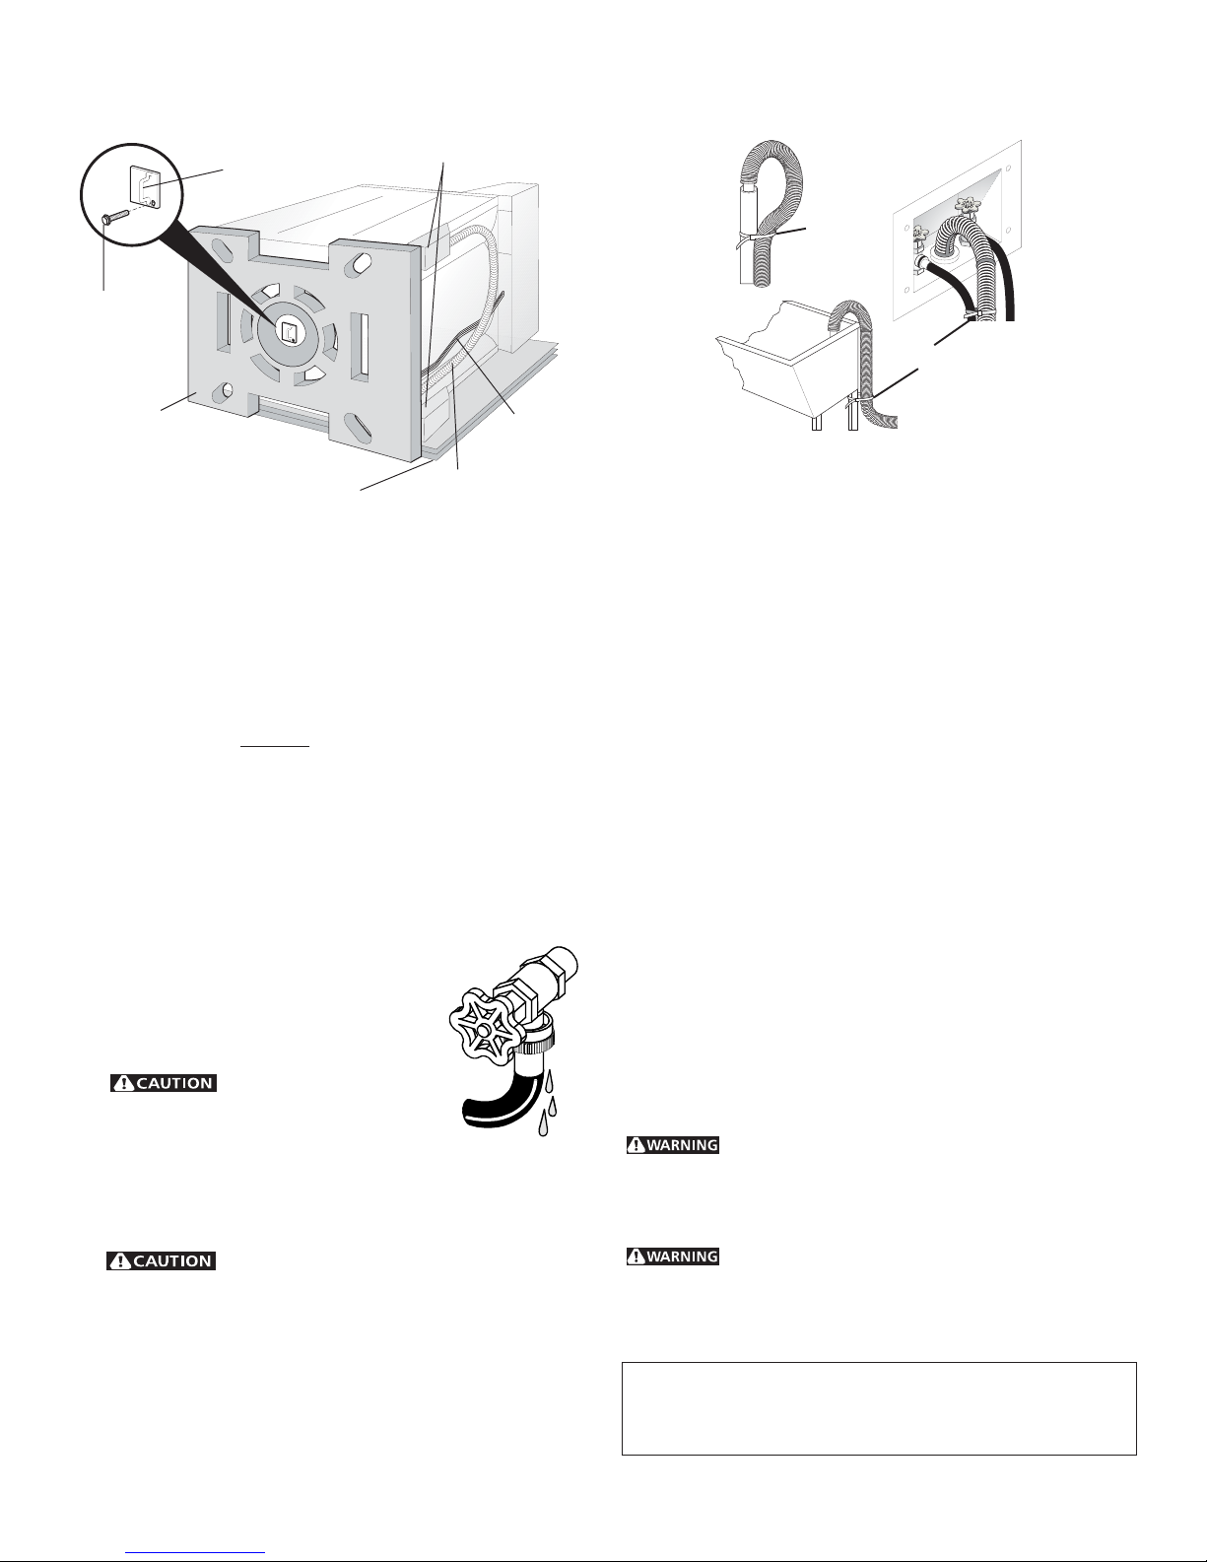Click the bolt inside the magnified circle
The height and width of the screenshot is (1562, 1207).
click(115, 217)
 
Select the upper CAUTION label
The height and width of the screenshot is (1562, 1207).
click(164, 1082)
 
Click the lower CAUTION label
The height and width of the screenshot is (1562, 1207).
click(161, 1260)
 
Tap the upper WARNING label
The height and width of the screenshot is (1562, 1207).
click(672, 1144)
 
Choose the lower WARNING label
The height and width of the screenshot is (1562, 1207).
click(672, 1256)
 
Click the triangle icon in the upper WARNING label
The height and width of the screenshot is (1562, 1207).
click(637, 1144)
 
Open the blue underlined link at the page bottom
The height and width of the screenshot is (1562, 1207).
click(195, 1553)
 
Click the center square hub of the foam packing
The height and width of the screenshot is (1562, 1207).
click(290, 332)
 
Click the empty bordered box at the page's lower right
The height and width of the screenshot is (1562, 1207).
click(879, 1408)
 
